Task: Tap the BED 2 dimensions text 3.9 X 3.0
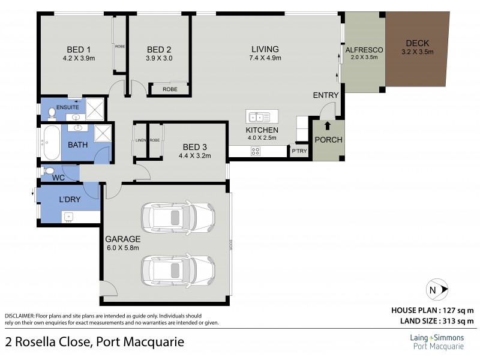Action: pyautogui.click(x=159, y=58)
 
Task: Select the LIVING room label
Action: pyautogui.click(x=265, y=49)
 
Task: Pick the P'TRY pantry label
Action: pyautogui.click(x=299, y=151)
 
